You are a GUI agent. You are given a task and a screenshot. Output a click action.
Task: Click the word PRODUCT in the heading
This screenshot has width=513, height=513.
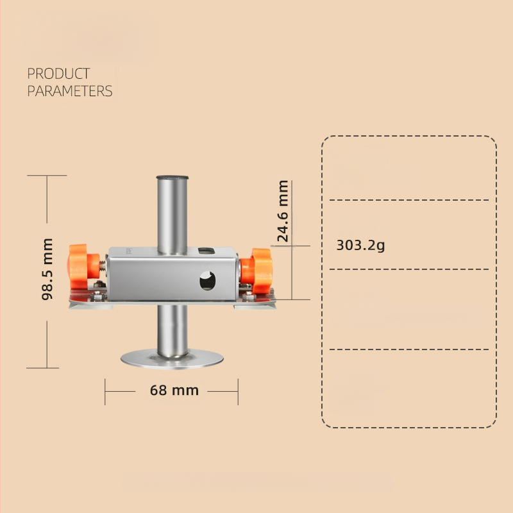pyautogui.click(x=58, y=74)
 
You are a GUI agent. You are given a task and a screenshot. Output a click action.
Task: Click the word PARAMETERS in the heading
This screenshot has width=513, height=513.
pyautogui.click(x=70, y=91)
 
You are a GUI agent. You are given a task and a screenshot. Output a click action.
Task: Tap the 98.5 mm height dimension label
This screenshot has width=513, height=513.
pyautogui.click(x=47, y=269)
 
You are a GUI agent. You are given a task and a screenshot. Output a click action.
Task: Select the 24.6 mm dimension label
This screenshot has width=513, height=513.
pyautogui.click(x=283, y=211)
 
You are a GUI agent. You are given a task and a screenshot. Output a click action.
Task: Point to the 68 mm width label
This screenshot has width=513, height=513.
pyautogui.click(x=174, y=391)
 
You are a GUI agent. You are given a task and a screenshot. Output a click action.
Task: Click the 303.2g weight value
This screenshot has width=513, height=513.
pyautogui.click(x=360, y=245)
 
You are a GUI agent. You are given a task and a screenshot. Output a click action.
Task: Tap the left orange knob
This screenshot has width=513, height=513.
pyautogui.click(x=83, y=266)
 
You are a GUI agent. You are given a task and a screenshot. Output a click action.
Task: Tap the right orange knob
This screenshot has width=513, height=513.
pyautogui.click(x=256, y=271)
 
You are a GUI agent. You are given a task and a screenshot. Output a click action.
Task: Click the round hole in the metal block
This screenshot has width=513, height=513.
pyautogui.click(x=207, y=281)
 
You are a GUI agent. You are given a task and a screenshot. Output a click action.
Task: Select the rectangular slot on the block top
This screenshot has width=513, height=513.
pyautogui.click(x=206, y=251)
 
